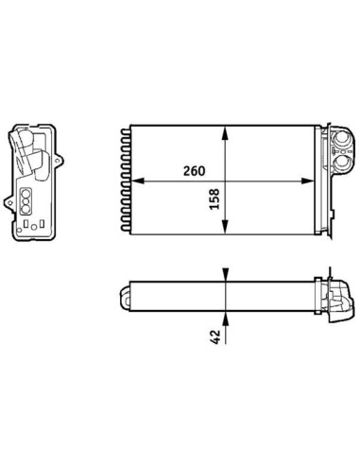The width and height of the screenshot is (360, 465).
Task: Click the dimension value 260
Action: [194, 171]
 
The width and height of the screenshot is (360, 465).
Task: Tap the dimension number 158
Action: [214, 199]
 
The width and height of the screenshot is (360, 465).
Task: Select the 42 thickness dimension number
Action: [214, 336]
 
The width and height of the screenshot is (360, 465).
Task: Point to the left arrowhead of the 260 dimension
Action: [137, 181]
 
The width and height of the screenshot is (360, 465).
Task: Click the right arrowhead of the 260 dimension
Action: [308, 181]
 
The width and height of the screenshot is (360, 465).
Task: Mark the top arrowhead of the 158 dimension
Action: [225, 132]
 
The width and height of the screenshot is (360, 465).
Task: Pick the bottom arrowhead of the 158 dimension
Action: [225, 227]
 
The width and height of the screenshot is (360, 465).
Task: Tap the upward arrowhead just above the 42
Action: [225, 318]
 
